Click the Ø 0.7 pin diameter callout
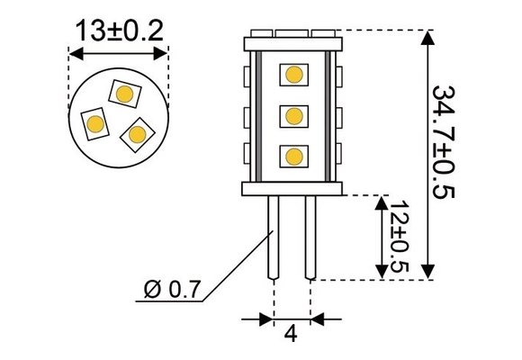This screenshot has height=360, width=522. [173, 291]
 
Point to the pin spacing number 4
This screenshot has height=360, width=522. [291, 333]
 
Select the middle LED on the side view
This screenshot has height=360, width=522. [292, 116]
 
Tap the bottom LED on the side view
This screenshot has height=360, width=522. [292, 157]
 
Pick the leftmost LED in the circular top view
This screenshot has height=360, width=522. [95, 123]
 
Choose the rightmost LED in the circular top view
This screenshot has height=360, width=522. [137, 133]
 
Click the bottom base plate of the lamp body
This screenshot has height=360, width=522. [292, 187]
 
